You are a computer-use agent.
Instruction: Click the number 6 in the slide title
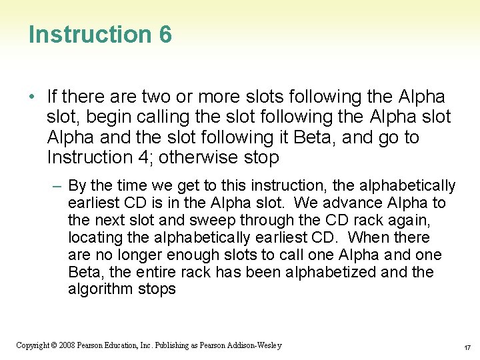(165, 35)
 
